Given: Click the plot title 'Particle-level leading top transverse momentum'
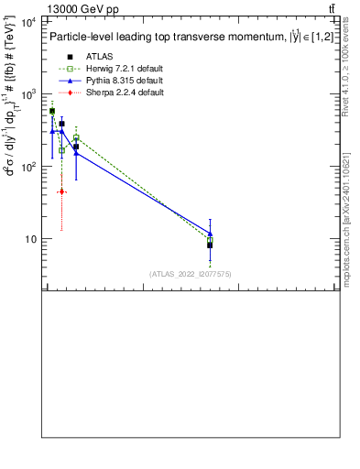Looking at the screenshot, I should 165,38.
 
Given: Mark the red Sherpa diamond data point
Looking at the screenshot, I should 61,191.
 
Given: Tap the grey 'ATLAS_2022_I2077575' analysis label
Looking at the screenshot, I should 190,273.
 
